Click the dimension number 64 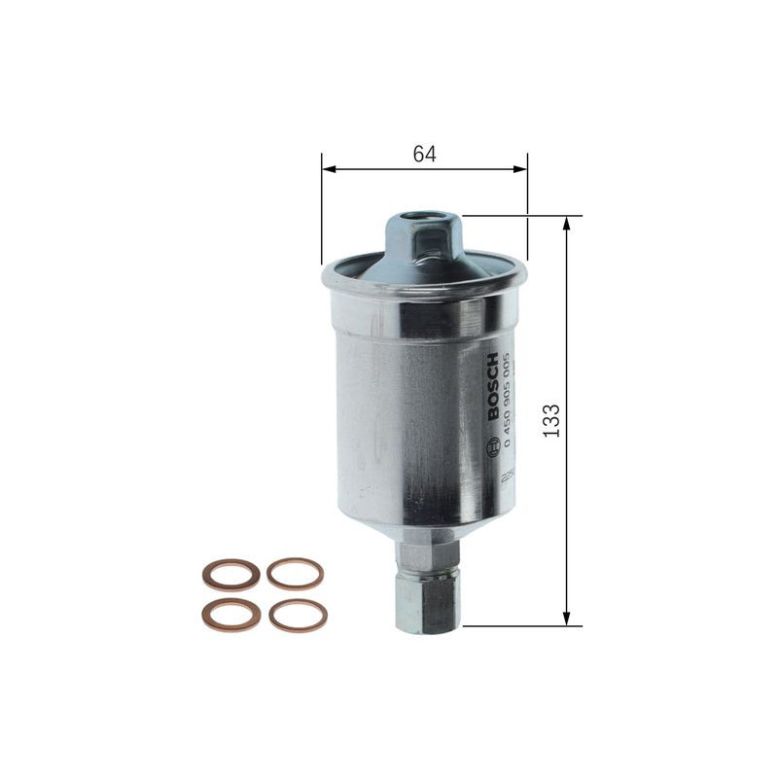coord(424,154)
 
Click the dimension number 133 coord(551,419)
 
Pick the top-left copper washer coord(230,574)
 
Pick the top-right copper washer coord(295,573)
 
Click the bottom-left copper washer coord(230,615)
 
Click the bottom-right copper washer coord(297,616)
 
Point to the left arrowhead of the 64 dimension coord(328,169)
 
